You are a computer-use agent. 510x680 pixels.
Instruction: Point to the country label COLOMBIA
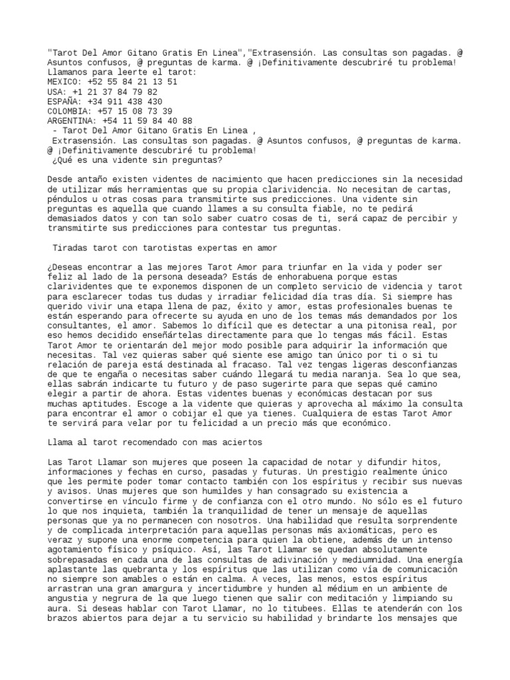[70, 111]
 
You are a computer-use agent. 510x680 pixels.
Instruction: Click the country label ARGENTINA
[72, 121]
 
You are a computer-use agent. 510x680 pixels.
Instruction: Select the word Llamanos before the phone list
[70, 72]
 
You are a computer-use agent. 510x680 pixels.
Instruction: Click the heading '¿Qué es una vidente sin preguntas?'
[136, 160]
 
